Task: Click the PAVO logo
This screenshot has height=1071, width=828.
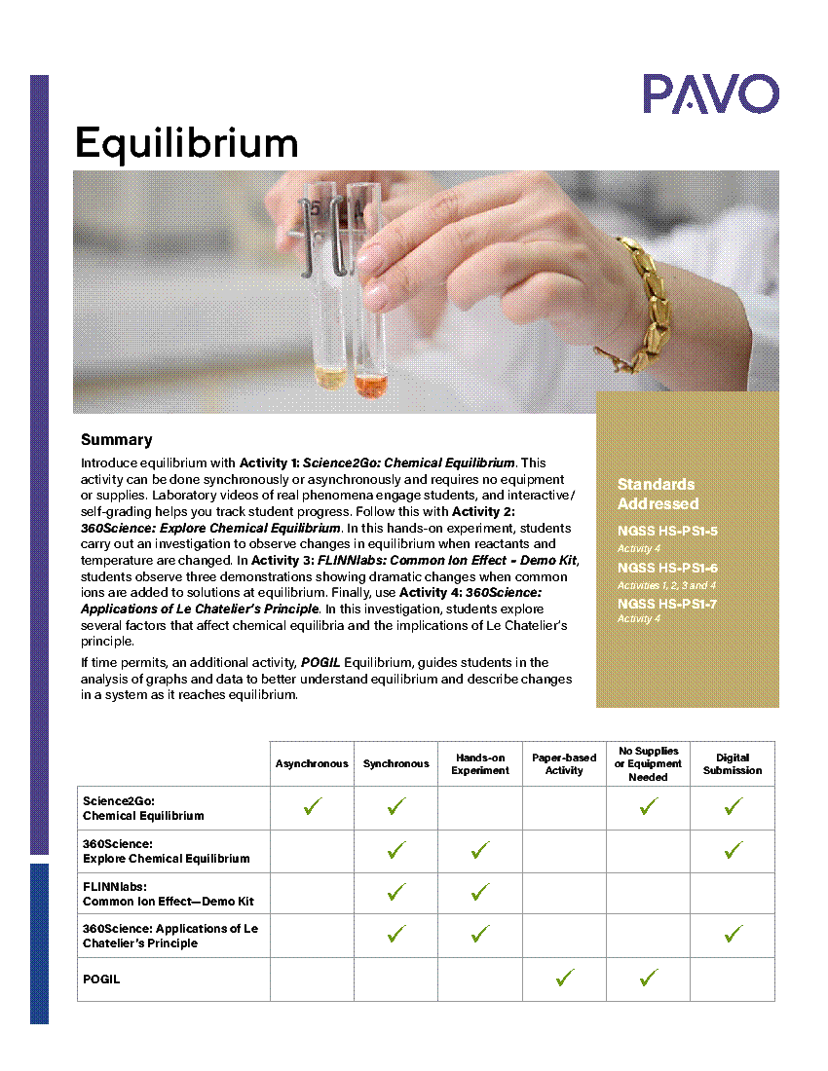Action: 710,94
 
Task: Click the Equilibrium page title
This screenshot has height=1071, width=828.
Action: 186,143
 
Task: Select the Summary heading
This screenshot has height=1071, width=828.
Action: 117,440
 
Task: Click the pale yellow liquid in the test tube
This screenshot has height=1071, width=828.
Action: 331,378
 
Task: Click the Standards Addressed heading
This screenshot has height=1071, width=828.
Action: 658,494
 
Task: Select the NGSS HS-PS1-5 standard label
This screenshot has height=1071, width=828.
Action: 667,532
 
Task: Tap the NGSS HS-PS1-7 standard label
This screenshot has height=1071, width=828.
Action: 667,604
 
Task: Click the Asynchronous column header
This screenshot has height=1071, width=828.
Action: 312,764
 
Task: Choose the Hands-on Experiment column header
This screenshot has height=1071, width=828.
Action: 479,764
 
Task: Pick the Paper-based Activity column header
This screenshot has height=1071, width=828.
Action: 564,764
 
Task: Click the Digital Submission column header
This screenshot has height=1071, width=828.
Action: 733,764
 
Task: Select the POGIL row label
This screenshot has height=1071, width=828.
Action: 101,979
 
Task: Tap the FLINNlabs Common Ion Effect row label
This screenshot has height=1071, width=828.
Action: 168,894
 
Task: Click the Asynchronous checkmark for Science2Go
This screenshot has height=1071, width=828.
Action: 313,807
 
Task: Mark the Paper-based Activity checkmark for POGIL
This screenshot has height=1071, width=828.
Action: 564,978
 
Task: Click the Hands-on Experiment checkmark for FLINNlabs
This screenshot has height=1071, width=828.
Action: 480,892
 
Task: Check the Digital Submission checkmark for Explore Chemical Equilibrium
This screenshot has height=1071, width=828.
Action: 734,850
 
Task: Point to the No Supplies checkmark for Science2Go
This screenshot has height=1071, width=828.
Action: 649,807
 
